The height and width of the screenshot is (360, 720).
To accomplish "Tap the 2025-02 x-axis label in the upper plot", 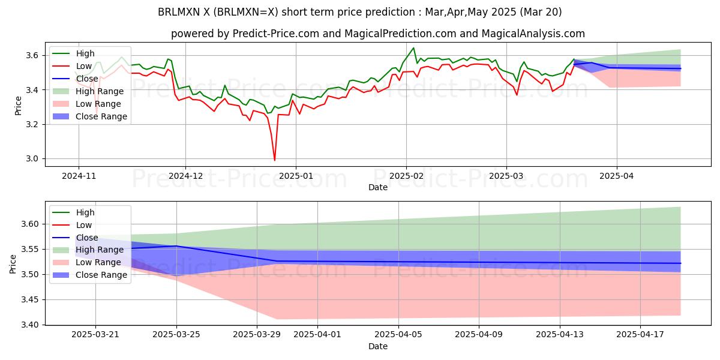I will point(406,177).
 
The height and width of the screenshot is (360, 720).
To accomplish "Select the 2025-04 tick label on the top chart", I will point(617,177).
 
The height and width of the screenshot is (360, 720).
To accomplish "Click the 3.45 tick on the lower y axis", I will point(31,299).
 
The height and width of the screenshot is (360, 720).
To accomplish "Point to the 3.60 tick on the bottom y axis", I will point(31,224).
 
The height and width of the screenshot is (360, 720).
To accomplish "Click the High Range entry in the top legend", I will point(99,91).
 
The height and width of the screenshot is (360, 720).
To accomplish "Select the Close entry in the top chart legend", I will point(87,79).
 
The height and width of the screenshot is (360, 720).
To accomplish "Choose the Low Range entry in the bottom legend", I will point(98,262).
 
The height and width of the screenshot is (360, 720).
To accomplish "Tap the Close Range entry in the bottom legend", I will point(101,275).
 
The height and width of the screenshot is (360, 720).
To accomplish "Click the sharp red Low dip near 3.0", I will point(275,160).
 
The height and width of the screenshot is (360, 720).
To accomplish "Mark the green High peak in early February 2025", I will point(413,48).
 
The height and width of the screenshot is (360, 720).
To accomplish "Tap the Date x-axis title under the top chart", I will point(378,187).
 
